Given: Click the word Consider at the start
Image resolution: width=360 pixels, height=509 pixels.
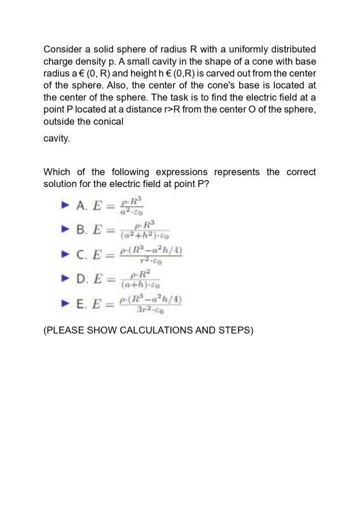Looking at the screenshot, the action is click(x=63, y=49).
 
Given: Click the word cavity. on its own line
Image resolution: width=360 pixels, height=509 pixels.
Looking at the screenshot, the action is click(x=57, y=138).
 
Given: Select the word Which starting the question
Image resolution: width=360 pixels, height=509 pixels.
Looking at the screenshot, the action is click(x=57, y=172).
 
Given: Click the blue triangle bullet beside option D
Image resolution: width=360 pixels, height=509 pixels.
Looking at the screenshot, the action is click(x=64, y=278).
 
